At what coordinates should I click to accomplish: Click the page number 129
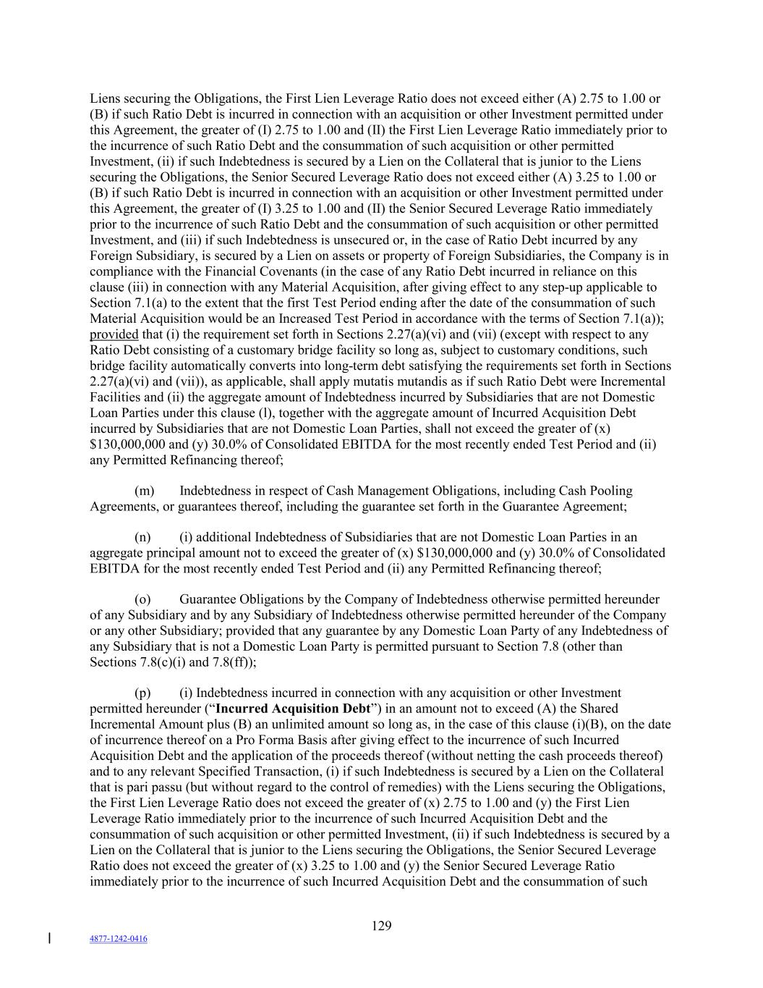381,926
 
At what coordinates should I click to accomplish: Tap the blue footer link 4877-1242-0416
118,939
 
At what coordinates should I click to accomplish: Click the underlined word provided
114,334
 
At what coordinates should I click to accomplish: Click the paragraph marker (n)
143,537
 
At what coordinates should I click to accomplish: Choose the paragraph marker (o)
143,599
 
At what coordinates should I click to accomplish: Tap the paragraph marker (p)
143,693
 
